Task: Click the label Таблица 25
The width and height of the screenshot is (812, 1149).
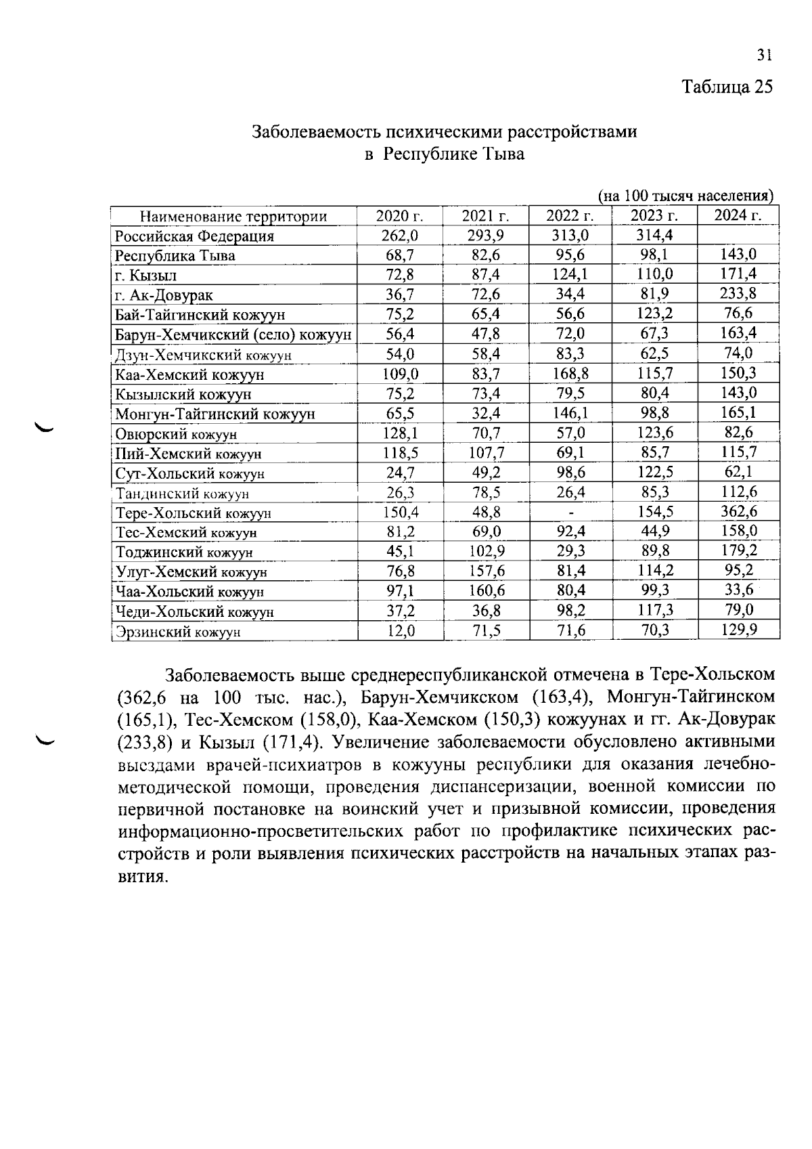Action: point(726,87)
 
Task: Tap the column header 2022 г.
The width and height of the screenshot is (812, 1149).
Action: point(570,217)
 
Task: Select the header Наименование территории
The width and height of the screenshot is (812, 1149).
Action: point(233,217)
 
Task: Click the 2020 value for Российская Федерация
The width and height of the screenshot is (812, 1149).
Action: point(399,236)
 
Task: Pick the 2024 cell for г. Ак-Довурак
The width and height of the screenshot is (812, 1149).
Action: point(738,294)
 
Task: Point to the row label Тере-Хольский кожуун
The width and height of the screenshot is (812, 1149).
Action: point(194,513)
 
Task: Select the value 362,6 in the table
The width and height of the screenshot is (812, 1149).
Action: point(738,512)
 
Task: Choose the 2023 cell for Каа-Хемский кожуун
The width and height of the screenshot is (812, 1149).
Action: point(654,373)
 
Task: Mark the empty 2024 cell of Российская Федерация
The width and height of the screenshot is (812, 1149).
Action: point(738,236)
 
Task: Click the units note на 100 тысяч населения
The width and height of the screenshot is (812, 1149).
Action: point(686,196)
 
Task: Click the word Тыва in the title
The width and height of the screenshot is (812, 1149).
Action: point(501,154)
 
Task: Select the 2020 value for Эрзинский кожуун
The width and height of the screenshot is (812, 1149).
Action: point(399,631)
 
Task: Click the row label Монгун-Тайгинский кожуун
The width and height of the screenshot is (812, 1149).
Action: point(215,414)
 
